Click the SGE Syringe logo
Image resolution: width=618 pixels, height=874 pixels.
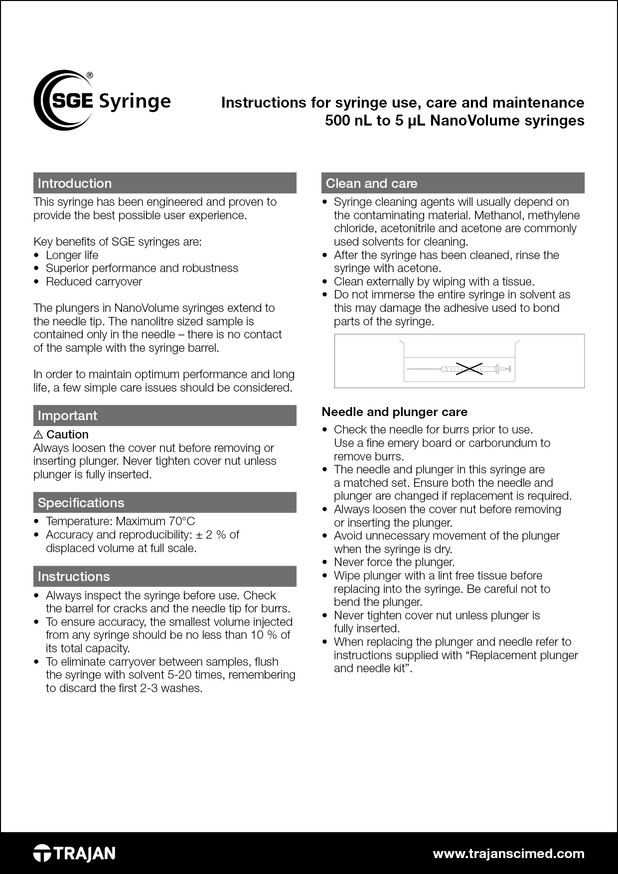click(102, 101)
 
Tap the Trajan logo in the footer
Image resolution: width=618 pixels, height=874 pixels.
click(74, 853)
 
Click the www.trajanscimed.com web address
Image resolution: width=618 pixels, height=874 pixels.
click(508, 854)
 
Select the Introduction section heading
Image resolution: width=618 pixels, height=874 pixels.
click(75, 183)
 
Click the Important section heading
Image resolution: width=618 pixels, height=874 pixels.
click(68, 416)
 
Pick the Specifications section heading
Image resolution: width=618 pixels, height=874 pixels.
click(81, 503)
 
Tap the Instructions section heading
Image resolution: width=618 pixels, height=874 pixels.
click(74, 577)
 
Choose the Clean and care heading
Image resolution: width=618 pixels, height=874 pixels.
click(371, 183)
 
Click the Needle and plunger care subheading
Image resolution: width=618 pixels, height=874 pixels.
click(394, 412)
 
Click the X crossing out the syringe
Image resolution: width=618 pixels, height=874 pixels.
click(469, 369)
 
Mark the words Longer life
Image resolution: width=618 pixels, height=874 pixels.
click(72, 255)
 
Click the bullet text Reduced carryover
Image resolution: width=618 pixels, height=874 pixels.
click(94, 282)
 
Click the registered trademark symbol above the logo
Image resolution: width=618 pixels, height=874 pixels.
click(90, 75)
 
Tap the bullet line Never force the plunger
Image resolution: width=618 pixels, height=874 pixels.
click(394, 563)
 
